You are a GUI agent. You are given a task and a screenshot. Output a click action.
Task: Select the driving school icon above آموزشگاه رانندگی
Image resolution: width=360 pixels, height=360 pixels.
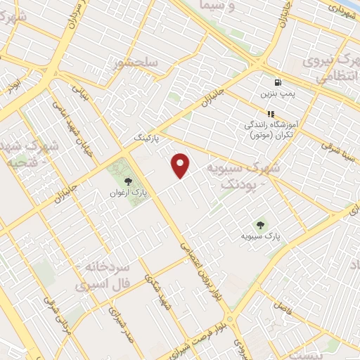pos(269,114)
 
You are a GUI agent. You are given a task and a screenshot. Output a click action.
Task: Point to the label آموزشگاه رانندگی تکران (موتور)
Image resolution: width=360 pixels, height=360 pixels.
pos(269,129)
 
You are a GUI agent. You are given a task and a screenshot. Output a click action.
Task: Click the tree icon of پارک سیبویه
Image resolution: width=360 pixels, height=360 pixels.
pos(262,226)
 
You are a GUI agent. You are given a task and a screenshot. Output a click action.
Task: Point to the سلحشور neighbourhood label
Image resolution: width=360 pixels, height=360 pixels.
pos(136,63)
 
